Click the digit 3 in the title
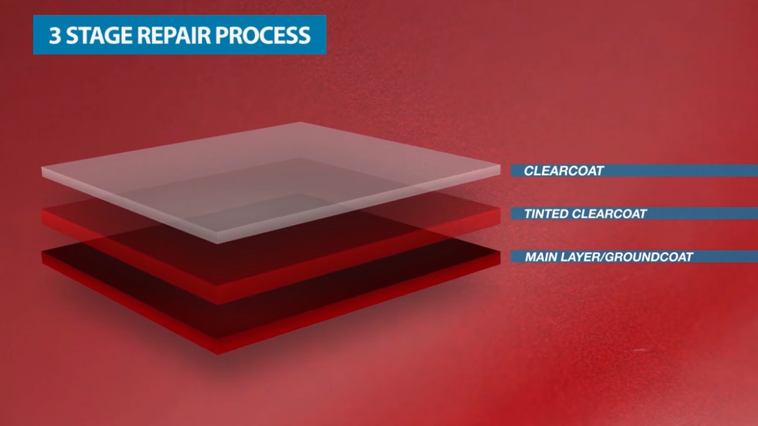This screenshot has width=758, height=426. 55,35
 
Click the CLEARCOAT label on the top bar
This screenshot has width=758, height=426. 564,171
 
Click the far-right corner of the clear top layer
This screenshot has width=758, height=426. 500,166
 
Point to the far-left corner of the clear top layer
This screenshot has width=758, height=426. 41,167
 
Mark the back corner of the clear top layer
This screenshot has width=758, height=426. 299,123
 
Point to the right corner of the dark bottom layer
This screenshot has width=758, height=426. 500,251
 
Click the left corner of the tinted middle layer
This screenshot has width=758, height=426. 41,210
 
